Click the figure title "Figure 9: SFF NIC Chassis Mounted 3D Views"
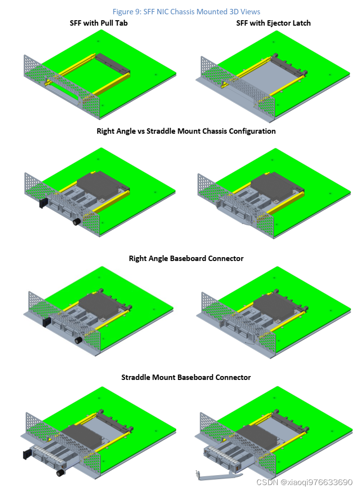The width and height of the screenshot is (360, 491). (x=186, y=11)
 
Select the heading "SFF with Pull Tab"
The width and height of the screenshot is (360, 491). (x=99, y=23)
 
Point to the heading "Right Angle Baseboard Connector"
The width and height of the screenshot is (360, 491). (x=186, y=258)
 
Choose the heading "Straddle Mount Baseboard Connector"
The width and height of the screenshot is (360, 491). (x=186, y=378)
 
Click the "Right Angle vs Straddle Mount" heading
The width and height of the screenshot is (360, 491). (x=186, y=131)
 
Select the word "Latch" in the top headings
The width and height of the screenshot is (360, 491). (x=300, y=23)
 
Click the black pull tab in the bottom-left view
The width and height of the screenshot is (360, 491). (x=25, y=453)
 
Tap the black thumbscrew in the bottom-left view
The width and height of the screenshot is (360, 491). (x=60, y=473)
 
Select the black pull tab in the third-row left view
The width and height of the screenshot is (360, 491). (x=46, y=322)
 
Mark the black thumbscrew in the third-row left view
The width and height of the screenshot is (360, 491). (x=77, y=340)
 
